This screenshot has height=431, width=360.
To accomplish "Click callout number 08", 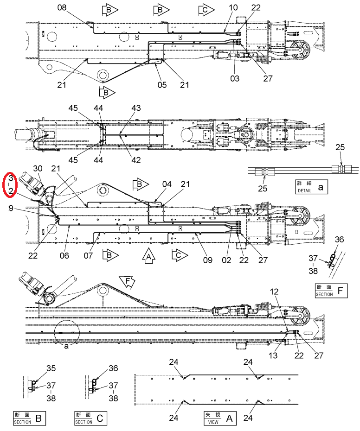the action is coord(62,7).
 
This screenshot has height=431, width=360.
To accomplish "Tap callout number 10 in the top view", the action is coord(233,7).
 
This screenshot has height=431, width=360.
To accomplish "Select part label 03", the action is coord(235,78).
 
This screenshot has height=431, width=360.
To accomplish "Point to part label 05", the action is coord(162,85).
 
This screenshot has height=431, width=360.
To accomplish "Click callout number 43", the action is coord(136,108).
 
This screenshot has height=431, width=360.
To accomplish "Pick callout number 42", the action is coord(136,160).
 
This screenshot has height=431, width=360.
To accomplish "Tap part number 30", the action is coord(38,169).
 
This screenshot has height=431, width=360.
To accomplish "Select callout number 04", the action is coord(167,184).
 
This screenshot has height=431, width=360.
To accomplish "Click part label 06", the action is coord(64,256).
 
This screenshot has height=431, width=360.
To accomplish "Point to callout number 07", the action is coord(88,256).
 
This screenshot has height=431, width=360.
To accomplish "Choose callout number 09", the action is coord(208,260).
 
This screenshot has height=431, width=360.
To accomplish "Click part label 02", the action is coord(226,260).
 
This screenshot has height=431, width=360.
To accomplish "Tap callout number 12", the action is coord(274,292).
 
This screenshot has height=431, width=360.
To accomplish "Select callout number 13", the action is coord(273,355).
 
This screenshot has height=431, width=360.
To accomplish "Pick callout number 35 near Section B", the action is coord(51,368).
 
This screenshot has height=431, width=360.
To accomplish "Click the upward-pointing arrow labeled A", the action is coord(148,256).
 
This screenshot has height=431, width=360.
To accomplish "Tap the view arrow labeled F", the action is coord(128,282).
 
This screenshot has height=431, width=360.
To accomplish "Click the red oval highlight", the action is coord(10,184).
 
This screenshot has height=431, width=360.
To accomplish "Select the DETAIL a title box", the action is coord(312,187).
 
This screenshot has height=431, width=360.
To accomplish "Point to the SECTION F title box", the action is coord(331,291).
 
